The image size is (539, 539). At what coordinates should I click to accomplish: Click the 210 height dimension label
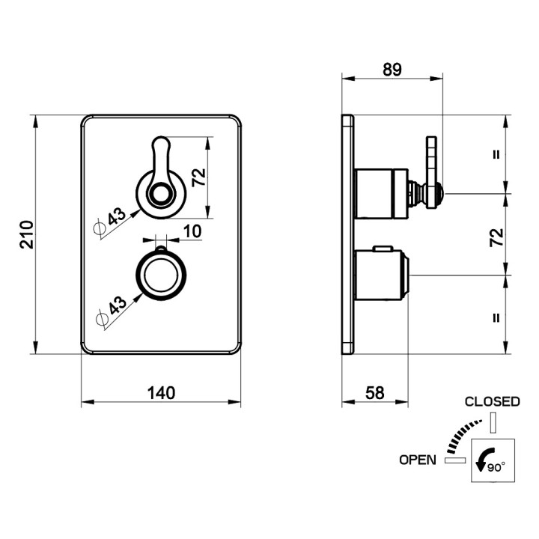(x=27, y=235)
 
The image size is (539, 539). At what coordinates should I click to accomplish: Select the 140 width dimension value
(x=161, y=393)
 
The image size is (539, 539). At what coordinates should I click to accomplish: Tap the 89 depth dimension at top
(x=392, y=70)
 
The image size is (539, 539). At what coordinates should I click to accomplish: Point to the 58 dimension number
(x=375, y=393)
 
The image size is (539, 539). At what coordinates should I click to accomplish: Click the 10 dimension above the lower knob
(x=192, y=231)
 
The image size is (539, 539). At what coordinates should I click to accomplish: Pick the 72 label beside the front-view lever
(x=198, y=177)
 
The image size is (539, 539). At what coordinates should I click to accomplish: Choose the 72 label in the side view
(x=496, y=237)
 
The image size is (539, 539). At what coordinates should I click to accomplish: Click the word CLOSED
(x=493, y=401)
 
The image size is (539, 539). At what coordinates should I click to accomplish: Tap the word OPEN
(x=417, y=460)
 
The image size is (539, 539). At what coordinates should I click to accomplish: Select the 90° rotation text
(x=496, y=467)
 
